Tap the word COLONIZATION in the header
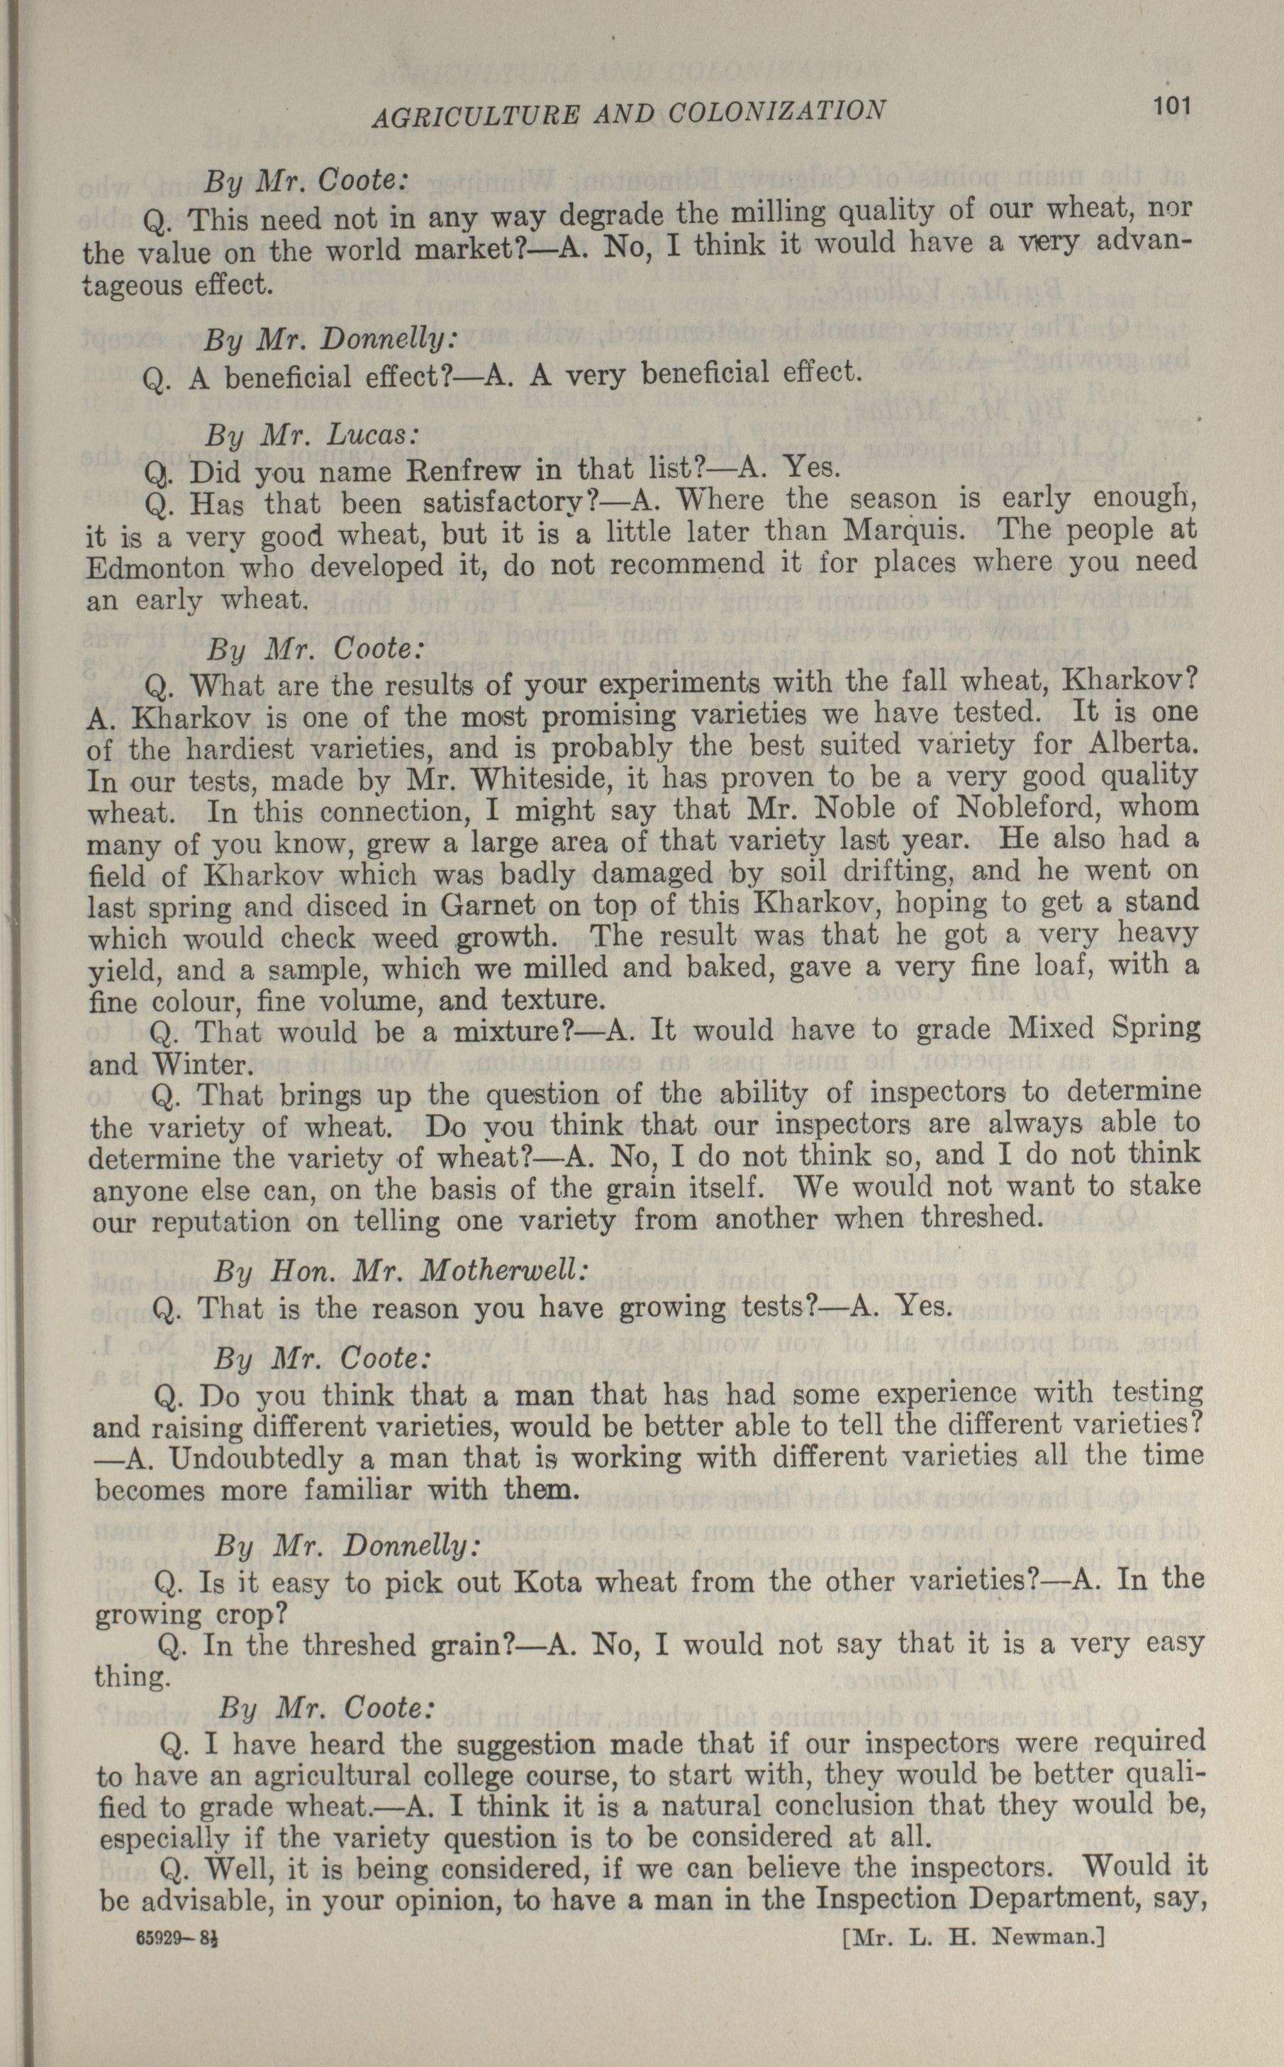point(777,111)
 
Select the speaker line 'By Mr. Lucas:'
point(312,435)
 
